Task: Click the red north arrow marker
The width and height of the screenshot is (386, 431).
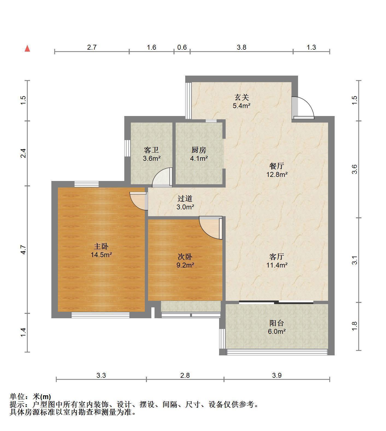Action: coord(27,49)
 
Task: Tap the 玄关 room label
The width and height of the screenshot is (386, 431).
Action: coord(241,97)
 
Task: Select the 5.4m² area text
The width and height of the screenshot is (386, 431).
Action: coord(241,106)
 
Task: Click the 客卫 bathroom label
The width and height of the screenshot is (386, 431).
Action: coord(151,150)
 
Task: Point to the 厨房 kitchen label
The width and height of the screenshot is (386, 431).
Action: coord(199,150)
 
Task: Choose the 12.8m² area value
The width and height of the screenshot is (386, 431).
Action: coord(277,174)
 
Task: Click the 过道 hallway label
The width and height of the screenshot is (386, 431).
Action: coord(185,198)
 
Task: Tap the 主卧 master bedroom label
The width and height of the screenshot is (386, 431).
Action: coord(101,246)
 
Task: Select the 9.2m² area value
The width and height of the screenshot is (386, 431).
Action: coord(185,265)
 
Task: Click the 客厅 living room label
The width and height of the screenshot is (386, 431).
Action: coord(277,257)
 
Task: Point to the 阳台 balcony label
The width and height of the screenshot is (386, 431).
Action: coord(277,323)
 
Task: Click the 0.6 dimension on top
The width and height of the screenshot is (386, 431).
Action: coord(182,47)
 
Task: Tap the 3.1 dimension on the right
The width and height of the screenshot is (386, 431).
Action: coord(354,260)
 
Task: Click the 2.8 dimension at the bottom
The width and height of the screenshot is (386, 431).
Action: coord(185,375)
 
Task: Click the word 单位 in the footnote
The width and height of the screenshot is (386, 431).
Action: coord(16,397)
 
